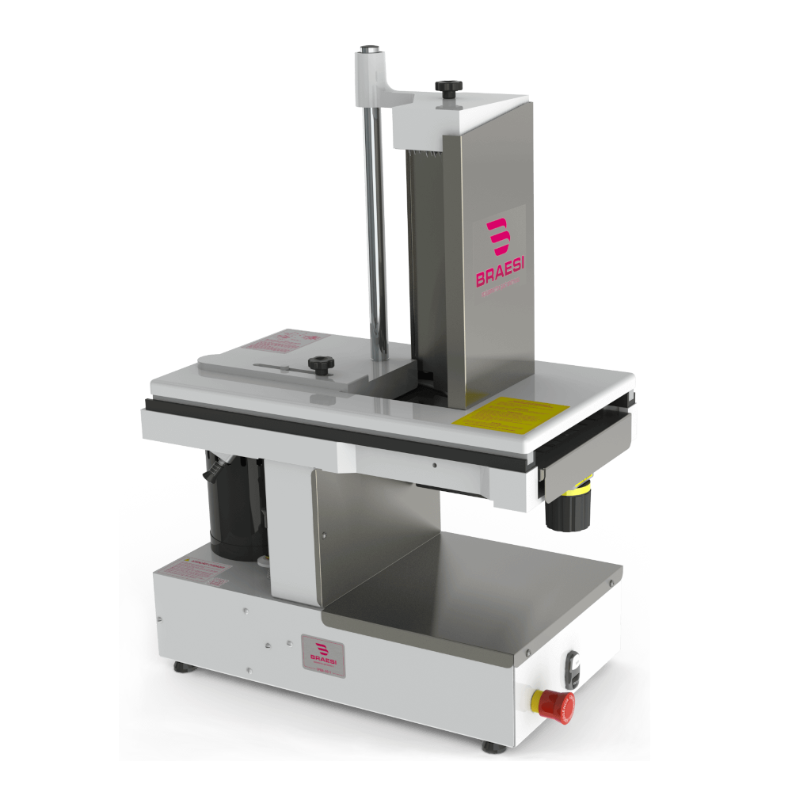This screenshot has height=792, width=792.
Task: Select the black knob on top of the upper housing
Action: pyautogui.click(x=447, y=86)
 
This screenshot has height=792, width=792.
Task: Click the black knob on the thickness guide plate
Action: pyautogui.click(x=322, y=365)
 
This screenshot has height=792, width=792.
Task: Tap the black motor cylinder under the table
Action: pyautogui.click(x=234, y=507)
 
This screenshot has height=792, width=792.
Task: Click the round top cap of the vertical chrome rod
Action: pyautogui.click(x=369, y=51)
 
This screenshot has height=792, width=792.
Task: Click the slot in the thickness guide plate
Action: pyautogui.click(x=281, y=366)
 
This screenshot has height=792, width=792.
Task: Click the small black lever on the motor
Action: pyautogui.click(x=213, y=474)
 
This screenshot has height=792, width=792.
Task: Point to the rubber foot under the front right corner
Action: pyautogui.click(x=489, y=745)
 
